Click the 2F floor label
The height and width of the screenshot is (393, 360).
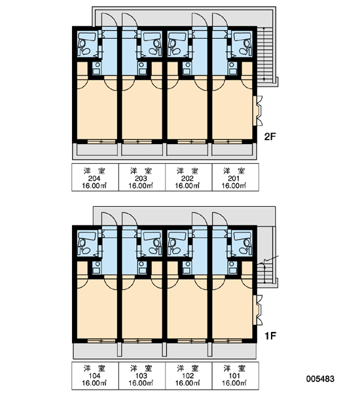coord(270,137)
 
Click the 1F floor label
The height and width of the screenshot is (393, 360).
coord(270,335)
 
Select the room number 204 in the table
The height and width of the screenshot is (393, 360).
coord(94,178)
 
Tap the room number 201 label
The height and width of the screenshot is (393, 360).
coord(234,178)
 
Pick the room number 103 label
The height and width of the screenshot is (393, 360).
coord(141,376)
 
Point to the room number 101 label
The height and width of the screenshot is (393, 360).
coord(234,376)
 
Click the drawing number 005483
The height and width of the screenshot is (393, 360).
coord(320,379)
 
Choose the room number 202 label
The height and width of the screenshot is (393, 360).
coord(187,178)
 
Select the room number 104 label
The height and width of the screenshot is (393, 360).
coord(94,376)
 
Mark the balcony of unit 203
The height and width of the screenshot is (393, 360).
coord(142,150)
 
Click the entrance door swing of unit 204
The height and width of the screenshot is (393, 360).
coord(109,20)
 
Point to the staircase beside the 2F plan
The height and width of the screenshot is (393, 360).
coord(264,54)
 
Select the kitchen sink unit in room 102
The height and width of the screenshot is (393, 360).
coord(187,268)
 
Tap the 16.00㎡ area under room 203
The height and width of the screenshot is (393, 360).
coord(141,186)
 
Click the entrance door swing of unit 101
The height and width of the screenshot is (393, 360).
coord(220,219)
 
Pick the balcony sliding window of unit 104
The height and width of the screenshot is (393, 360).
coord(101,341)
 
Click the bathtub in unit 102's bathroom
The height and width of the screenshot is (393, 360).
coord(177,236)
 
